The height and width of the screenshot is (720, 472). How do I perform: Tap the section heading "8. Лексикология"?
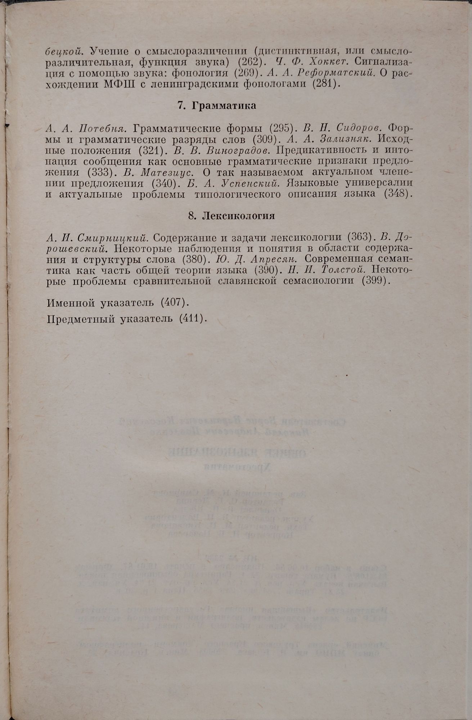(231, 216)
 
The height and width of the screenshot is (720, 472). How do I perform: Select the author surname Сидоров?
(359, 128)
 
